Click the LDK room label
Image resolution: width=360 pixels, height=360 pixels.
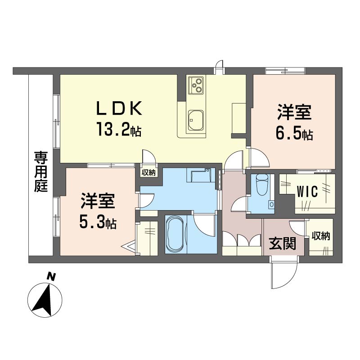[x=119, y=108]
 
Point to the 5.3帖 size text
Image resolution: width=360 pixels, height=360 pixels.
[x=98, y=222]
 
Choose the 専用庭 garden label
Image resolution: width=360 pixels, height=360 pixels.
[x=41, y=171]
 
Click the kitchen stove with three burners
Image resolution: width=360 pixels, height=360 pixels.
[x=196, y=85]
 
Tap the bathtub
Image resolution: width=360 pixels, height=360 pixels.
[x=175, y=234]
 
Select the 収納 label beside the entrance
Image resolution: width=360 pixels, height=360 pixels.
[x=320, y=236]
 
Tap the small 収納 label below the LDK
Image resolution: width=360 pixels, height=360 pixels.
[x=148, y=172]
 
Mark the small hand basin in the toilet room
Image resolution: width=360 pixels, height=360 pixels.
[x=272, y=204]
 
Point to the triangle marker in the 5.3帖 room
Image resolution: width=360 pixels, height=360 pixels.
[x=129, y=247]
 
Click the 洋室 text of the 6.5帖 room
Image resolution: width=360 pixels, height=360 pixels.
[x=294, y=112]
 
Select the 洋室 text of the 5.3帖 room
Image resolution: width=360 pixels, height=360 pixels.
[x=98, y=201]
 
